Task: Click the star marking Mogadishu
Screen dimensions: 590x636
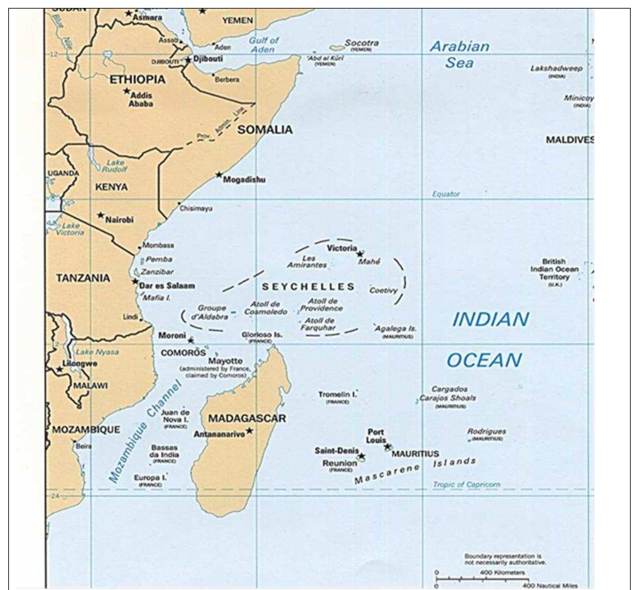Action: click(219, 175)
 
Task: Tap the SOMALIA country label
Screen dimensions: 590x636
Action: click(265, 130)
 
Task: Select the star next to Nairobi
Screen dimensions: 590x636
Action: click(101, 215)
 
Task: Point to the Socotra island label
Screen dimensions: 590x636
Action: click(362, 43)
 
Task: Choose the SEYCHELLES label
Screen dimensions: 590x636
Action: click(308, 287)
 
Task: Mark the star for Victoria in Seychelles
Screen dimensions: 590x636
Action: click(360, 254)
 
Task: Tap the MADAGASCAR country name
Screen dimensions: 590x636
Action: click(247, 418)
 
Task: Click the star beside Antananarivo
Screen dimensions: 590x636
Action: click(250, 431)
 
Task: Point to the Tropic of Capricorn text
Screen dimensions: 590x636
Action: click(467, 485)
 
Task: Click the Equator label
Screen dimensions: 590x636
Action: click(446, 194)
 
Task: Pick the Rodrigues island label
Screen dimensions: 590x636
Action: click(486, 432)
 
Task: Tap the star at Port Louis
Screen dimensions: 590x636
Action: click(387, 447)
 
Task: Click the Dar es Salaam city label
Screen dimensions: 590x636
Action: click(167, 286)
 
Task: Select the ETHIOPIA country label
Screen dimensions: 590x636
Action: click(137, 80)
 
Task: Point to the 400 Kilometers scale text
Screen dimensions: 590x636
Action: click(502, 572)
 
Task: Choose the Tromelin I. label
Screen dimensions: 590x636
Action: click(338, 395)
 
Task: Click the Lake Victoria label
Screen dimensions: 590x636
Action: click(70, 229)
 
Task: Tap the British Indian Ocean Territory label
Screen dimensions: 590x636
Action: click(554, 269)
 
